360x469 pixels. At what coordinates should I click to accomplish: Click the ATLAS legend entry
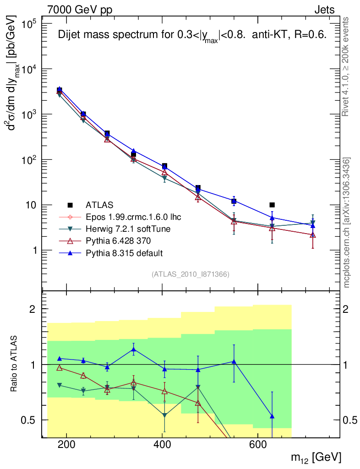tap(99, 205)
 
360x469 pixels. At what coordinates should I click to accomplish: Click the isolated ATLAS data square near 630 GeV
tap(272, 205)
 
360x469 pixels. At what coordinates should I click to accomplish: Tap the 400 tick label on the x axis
tap(162, 444)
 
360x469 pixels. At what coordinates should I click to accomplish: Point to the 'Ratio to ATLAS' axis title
tap(15, 365)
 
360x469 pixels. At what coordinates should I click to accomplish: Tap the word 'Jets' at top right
tap(324, 10)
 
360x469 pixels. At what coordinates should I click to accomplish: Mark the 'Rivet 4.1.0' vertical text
tap(347, 66)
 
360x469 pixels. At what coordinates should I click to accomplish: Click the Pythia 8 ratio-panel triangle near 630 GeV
tap(272, 416)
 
